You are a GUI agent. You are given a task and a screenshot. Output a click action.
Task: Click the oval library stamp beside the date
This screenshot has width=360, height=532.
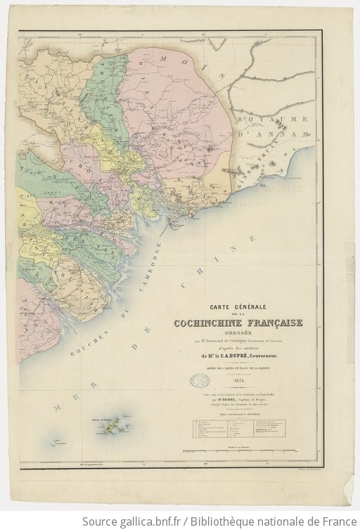click(x=199, y=380)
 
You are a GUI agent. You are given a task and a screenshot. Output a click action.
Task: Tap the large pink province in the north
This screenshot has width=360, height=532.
click(x=176, y=112)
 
